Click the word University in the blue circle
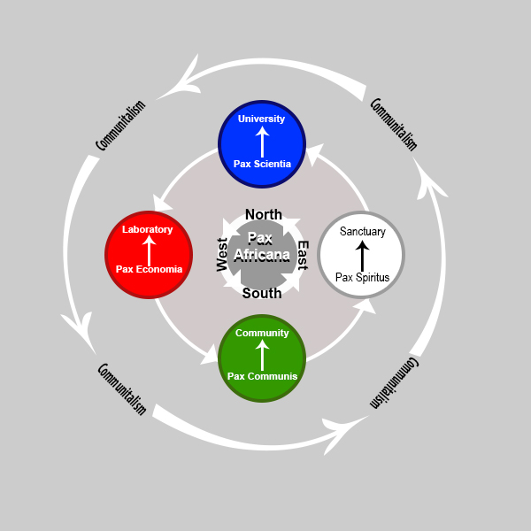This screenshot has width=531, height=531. pyautogui.click(x=262, y=119)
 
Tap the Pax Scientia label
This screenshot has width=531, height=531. pyautogui.click(x=262, y=164)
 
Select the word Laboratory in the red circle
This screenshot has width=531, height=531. pyautogui.click(x=148, y=229)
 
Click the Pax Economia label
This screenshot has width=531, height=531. pyautogui.click(x=149, y=269)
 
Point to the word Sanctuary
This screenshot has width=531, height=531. pyautogui.click(x=363, y=232)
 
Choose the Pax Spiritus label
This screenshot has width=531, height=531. pyautogui.click(x=362, y=277)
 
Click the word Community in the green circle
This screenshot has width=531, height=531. pyautogui.click(x=262, y=333)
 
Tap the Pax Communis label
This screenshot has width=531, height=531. pyautogui.click(x=262, y=376)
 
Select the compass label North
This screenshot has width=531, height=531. pyautogui.click(x=264, y=214)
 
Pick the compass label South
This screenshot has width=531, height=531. pyautogui.click(x=262, y=293)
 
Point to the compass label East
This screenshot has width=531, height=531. pyautogui.click(x=303, y=255)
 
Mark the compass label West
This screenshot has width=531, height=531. pyautogui.click(x=223, y=254)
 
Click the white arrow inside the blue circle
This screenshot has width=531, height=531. pyautogui.click(x=262, y=141)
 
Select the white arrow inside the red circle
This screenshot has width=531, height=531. pyautogui.click(x=149, y=250)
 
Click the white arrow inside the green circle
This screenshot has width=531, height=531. pyautogui.click(x=262, y=354)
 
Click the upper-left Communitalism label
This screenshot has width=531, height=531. pyautogui.click(x=120, y=129)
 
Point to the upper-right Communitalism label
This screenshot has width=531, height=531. pyautogui.click(x=393, y=124)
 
